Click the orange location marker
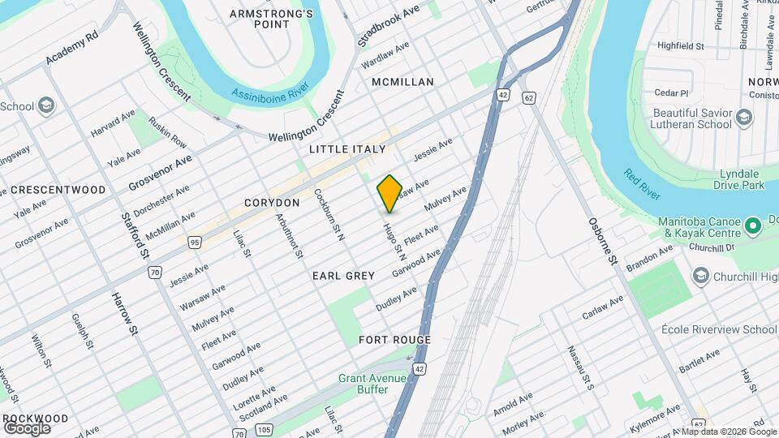389,194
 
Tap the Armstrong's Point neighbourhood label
271,19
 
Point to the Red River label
641,187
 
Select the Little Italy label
346,150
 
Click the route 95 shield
194,242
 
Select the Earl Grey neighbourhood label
343,276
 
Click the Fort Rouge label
394,340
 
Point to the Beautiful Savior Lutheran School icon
743,120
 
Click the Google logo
27,427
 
